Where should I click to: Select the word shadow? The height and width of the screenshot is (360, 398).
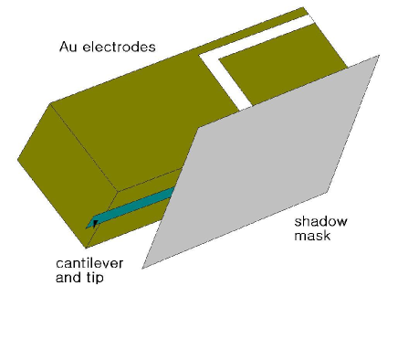point(311,222)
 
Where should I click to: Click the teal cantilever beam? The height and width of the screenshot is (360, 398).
point(137,205)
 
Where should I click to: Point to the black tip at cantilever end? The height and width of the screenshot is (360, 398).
point(94,222)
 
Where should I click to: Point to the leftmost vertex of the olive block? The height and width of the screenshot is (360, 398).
point(18,162)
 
